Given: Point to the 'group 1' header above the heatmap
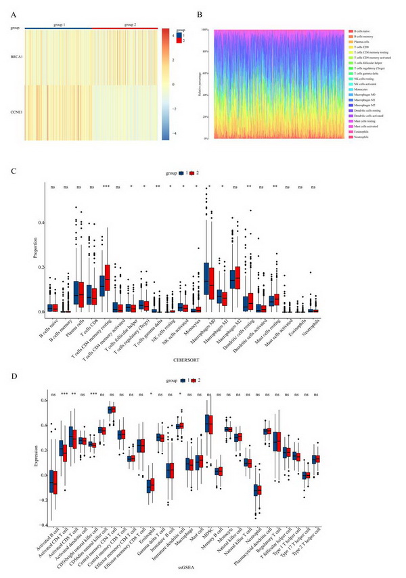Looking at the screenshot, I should [x=61, y=24].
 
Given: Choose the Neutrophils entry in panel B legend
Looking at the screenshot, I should [x=359, y=137].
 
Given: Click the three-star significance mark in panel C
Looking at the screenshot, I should [x=106, y=186].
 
